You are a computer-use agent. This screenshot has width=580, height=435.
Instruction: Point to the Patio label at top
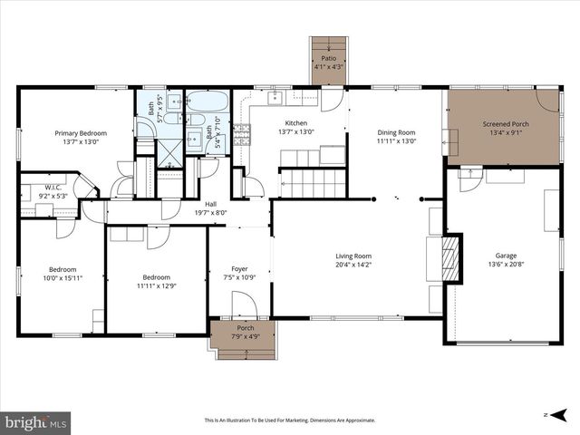coord(328,58)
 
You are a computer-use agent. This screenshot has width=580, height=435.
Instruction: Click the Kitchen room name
coord(296,123)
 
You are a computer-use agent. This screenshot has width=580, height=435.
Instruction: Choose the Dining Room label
coord(396,133)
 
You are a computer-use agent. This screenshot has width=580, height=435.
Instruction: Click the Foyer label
coord(239,268)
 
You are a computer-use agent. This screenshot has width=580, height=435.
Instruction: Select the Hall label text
coord(210,204)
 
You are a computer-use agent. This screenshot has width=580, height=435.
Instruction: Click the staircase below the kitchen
coord(311,183)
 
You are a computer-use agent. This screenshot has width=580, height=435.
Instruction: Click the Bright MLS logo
coord(36,421)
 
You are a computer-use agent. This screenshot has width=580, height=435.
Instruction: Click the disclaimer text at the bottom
coord(289,420)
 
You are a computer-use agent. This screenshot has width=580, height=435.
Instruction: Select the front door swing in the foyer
coord(246,304)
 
